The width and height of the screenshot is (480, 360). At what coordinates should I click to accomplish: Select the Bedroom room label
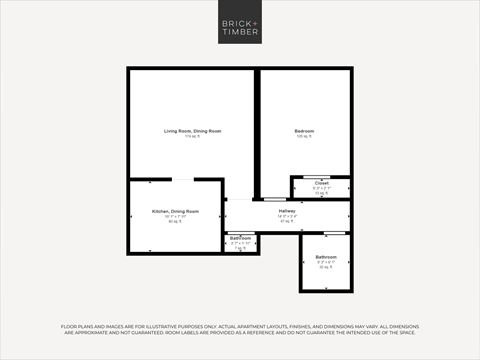(305, 132)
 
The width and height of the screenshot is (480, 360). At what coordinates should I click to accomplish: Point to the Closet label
(321, 184)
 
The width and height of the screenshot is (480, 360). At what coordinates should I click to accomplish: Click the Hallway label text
(287, 211)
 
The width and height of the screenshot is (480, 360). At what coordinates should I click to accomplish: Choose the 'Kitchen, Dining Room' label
(175, 212)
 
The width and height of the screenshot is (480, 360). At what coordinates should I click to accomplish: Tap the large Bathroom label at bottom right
(326, 258)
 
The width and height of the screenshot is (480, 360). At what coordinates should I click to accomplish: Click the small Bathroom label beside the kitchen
(240, 238)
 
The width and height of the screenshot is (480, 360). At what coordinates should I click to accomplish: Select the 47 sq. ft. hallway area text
(287, 221)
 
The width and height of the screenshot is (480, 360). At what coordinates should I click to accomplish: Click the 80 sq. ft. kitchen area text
(175, 222)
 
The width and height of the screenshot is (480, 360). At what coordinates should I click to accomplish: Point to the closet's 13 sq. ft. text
(321, 193)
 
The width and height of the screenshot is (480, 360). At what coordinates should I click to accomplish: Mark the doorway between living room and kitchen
(184, 179)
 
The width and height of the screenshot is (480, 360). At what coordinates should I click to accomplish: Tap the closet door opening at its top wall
(321, 177)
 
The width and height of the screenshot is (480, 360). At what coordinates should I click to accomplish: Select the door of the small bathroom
(240, 232)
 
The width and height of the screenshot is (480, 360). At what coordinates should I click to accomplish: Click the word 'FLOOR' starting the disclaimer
(70, 326)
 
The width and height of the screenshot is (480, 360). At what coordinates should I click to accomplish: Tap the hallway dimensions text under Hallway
(287, 216)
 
